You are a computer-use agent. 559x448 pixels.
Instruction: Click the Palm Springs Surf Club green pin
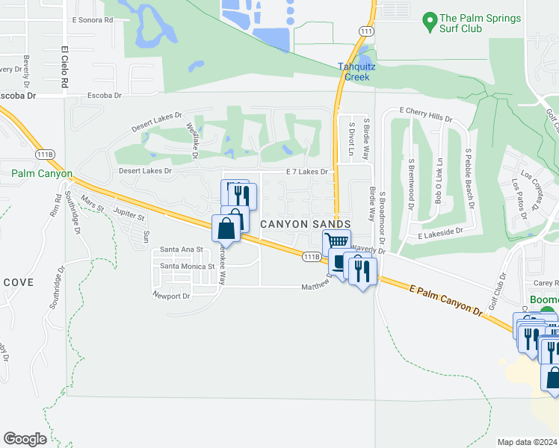coord(430,22)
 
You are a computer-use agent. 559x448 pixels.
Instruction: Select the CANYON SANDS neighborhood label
coord(305,224)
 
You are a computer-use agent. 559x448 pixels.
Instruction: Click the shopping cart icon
coord(337,241)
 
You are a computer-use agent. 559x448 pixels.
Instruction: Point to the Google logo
coord(25,438)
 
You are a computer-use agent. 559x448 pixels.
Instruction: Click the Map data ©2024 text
coord(528,442)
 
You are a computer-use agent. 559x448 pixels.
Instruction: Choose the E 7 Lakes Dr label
coord(307,172)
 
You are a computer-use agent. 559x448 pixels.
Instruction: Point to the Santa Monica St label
coord(187,266)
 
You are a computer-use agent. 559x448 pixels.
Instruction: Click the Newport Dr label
coord(171,296)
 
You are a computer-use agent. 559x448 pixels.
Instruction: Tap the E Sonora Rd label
coord(92,20)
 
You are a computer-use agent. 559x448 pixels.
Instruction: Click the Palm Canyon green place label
coord(42,174)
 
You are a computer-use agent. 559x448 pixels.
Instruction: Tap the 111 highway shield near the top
coord(365,31)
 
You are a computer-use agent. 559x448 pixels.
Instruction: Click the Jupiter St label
coord(128,214)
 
